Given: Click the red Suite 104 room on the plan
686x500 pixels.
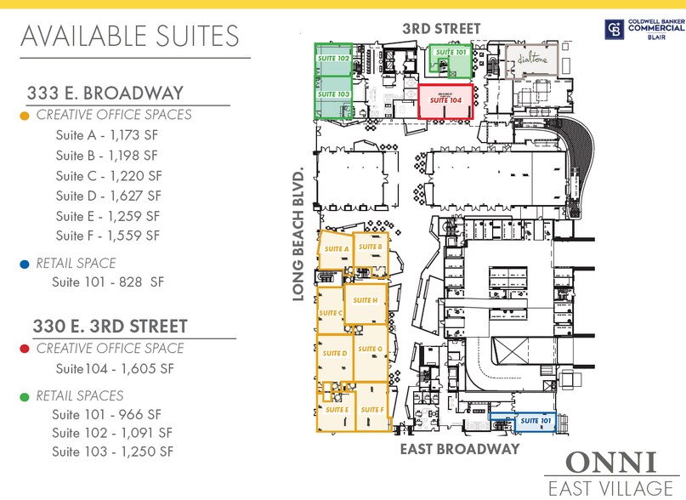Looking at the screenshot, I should [446, 103].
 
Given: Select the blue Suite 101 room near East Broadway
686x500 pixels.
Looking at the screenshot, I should [522, 422].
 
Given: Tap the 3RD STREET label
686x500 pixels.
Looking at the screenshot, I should [441, 29].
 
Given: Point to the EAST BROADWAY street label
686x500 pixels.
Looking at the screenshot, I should [460, 449].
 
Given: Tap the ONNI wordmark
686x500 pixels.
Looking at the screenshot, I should [610, 463].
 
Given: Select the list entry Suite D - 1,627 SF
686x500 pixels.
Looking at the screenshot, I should [107, 196].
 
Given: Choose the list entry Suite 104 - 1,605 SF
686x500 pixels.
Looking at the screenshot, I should [113, 369].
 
